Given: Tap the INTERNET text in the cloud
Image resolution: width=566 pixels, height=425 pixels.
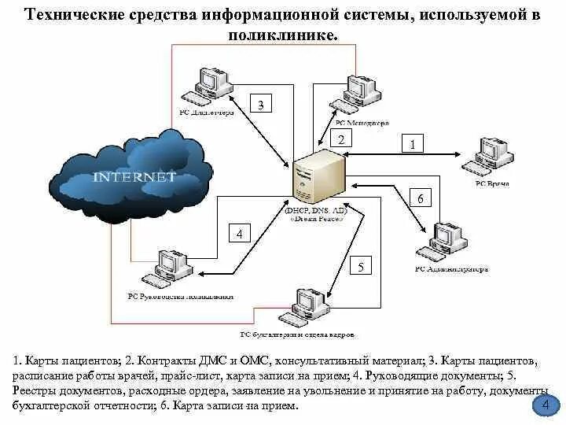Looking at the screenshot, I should tap(134, 177).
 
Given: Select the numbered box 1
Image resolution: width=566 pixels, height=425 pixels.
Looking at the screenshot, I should tap(413, 143).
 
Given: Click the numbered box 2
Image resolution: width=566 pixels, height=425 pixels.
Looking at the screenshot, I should tap(341, 139).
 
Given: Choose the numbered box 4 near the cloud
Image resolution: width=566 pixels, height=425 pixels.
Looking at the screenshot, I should tap(239, 234).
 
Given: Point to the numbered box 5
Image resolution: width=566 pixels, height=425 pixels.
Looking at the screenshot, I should tap(360, 267).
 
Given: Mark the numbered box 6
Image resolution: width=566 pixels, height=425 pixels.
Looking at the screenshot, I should tap(421, 198).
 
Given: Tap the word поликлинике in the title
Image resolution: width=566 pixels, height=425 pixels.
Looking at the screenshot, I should tap(282, 37).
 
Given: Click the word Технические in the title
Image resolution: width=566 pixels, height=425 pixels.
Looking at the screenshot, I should tap(78, 17).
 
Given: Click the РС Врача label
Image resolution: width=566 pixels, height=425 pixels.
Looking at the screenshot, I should tap(492, 183).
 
